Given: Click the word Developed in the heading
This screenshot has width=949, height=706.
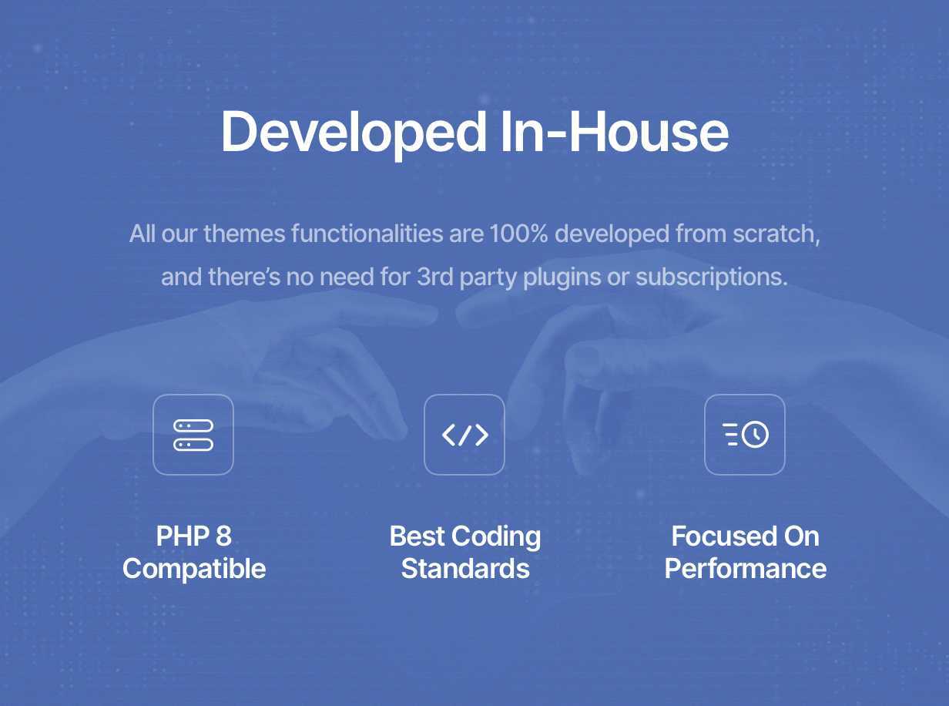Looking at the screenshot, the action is (x=354, y=133).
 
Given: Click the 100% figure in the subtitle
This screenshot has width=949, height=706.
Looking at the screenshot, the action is (x=518, y=234).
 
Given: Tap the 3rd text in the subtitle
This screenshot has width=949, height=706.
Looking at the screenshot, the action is (x=434, y=277).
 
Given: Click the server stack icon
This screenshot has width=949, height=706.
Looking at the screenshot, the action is (x=193, y=435).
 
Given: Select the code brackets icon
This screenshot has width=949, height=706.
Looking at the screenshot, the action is (x=464, y=435).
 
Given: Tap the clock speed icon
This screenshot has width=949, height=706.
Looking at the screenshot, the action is (x=745, y=435).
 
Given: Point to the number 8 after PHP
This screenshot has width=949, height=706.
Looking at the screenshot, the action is (x=223, y=536).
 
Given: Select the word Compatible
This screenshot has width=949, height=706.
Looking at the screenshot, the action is (x=194, y=570).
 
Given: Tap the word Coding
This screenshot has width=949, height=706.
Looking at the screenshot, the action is (x=496, y=537).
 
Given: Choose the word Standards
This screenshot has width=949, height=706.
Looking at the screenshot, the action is (x=465, y=569).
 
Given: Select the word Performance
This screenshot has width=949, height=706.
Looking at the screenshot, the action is (x=746, y=569).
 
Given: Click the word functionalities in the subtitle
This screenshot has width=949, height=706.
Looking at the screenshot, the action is (x=367, y=234).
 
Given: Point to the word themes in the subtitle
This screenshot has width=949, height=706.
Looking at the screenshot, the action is (x=244, y=234).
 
